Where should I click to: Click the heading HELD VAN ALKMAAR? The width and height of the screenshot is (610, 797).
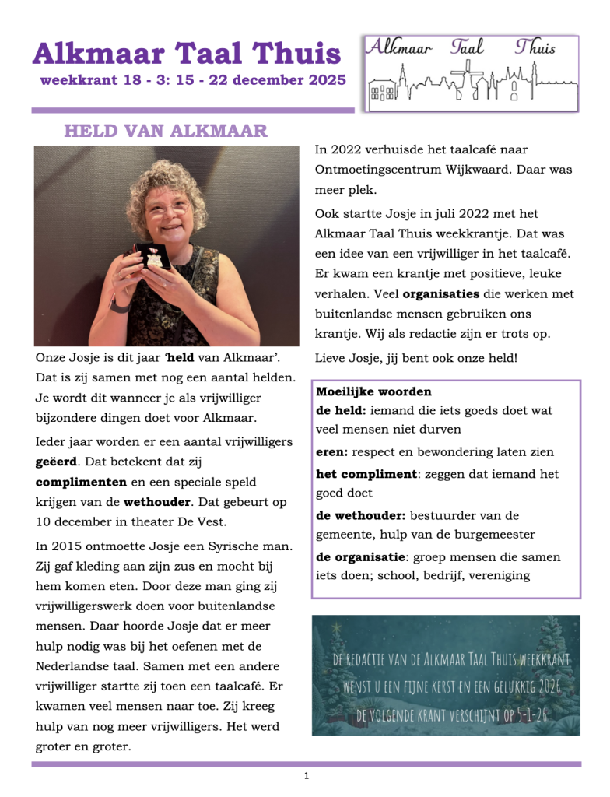coord(165,130)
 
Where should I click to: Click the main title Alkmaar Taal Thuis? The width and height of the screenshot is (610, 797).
coord(187,54)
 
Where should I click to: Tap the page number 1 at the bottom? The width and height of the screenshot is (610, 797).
coord(307,775)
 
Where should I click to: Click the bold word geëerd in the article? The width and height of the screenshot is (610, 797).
coord(56,462)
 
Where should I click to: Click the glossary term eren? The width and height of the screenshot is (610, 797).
coord(332,451)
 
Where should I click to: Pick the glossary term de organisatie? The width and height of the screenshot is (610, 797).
coord(360,557)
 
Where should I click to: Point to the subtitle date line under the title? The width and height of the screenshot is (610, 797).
coord(193,80)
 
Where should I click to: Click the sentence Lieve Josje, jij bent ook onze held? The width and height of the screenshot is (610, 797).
coord(416,358)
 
